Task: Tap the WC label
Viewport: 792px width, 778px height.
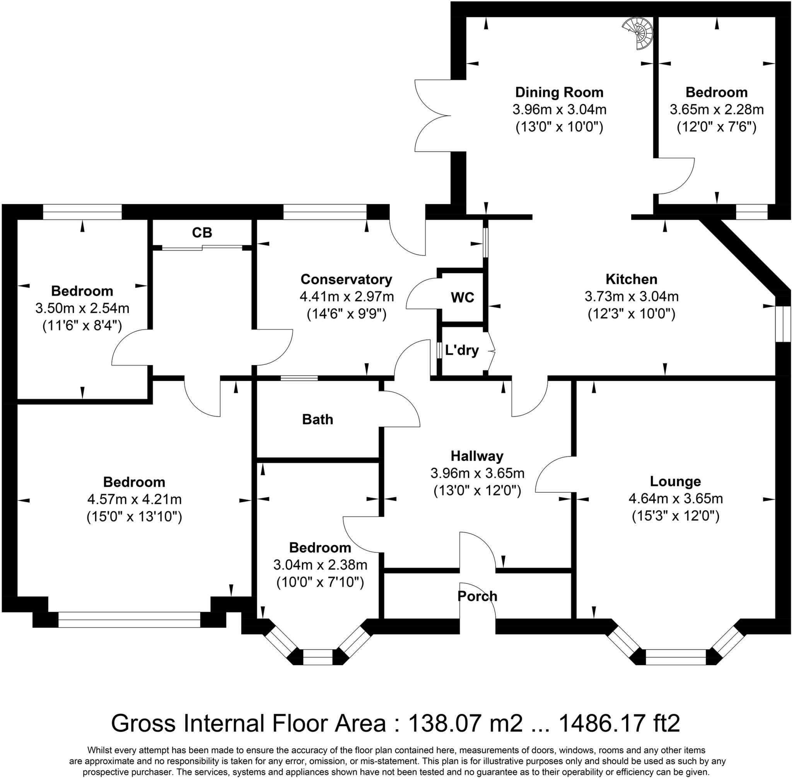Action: pos(462,298)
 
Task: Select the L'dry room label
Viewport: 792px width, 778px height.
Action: pos(462,350)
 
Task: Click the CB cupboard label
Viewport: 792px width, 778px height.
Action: pos(202,233)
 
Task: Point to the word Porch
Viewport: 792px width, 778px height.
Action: pos(477,596)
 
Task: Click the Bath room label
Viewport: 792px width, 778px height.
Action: pos(317,419)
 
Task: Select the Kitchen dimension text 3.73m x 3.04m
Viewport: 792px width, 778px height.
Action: pos(631,296)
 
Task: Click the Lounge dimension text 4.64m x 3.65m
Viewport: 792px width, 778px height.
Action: pos(675,499)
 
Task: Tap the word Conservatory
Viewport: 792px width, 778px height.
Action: pos(346,279)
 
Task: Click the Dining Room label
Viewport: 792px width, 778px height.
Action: pos(559,92)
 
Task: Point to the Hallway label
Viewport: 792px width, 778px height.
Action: pos(477,456)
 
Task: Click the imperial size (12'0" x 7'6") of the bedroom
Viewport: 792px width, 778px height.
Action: pos(716,127)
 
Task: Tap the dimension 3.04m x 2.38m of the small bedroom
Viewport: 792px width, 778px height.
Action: pos(320,565)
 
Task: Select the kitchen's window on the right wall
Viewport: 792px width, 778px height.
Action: pos(783,324)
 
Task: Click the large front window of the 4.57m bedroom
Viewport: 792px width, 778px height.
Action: pos(129,619)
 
